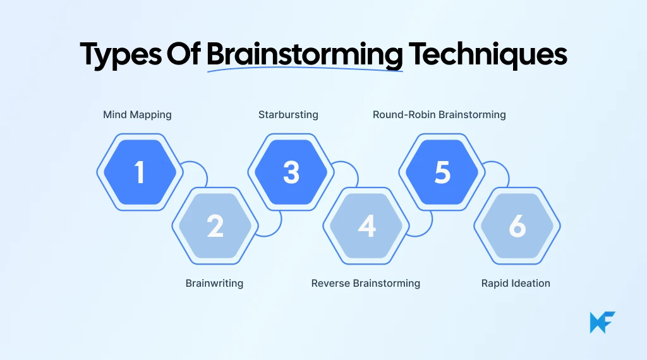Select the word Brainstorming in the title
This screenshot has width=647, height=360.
(x=305, y=55)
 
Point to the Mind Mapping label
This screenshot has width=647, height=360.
(x=137, y=115)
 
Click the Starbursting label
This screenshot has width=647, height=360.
(x=288, y=115)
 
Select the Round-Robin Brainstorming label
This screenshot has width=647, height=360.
(x=439, y=115)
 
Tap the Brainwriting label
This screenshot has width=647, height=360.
(x=214, y=283)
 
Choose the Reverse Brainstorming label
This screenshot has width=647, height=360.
(x=365, y=283)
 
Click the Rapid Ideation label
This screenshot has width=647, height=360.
(x=516, y=283)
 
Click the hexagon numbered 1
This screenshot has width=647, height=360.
(x=140, y=172)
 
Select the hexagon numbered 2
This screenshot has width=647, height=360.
(x=215, y=226)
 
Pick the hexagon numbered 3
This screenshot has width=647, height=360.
(x=291, y=172)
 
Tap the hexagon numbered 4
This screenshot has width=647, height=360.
(x=366, y=226)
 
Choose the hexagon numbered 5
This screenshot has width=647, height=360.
(x=442, y=172)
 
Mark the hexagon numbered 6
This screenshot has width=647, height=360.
(x=517, y=226)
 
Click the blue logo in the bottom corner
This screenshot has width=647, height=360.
(x=602, y=322)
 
